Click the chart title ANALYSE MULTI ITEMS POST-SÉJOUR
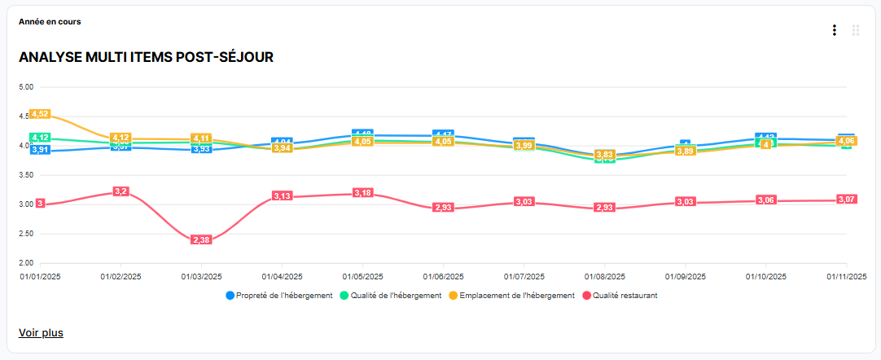pyautogui.click(x=146, y=57)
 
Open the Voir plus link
pyautogui.click(x=41, y=332)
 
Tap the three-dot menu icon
pyautogui.click(x=834, y=30)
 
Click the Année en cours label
pyautogui.click(x=50, y=21)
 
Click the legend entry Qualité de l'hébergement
pyautogui.click(x=395, y=296)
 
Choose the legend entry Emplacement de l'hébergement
pyautogui.click(x=515, y=296)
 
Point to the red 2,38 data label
pyautogui.click(x=201, y=240)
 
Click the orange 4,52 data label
pyautogui.click(x=40, y=114)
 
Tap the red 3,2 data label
pyautogui.click(x=121, y=191)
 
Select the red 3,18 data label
pyautogui.click(x=362, y=192)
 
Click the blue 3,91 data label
pyautogui.click(x=40, y=150)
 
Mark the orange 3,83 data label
pyautogui.click(x=604, y=155)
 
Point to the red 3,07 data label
pyautogui.click(x=846, y=200)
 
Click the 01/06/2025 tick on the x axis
pyautogui.click(x=443, y=276)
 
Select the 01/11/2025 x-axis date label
pyautogui.click(x=846, y=276)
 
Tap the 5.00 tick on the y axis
pyautogui.click(x=25, y=87)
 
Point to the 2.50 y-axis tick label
pyautogui.click(x=25, y=234)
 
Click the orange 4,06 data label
pyautogui.click(x=846, y=141)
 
